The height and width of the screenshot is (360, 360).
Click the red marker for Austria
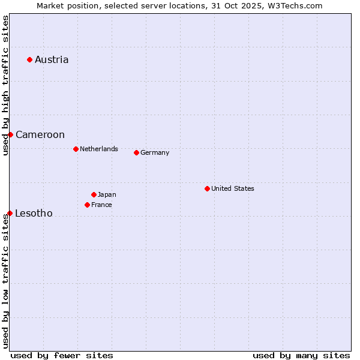[x=29, y=59]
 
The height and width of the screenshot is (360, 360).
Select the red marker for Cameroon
[x=10, y=134]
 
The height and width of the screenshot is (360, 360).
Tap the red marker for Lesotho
[x=10, y=213]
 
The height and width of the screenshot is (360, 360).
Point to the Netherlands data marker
[x=76, y=149]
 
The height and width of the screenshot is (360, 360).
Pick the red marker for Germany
[x=136, y=152]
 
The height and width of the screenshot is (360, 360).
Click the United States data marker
[x=207, y=188]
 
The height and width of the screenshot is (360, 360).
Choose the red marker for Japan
[x=94, y=194]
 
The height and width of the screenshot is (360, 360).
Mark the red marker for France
[x=87, y=205]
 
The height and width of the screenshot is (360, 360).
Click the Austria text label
[x=52, y=59]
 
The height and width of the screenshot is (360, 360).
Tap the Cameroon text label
[x=40, y=134]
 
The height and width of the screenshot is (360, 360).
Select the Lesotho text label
[x=34, y=213]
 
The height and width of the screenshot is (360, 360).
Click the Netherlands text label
[x=99, y=149]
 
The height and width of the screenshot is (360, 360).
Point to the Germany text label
[x=155, y=152]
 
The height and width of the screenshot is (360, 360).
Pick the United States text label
[x=233, y=188]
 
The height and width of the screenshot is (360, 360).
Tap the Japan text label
[x=107, y=194]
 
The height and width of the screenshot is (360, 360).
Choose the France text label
[x=101, y=205]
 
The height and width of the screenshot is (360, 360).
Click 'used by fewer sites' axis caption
[x=62, y=355]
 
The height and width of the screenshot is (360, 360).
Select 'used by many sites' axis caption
[x=301, y=355]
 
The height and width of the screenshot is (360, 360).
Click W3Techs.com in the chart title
[x=294, y=5]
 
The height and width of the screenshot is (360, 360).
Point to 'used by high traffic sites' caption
[x=5, y=86]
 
